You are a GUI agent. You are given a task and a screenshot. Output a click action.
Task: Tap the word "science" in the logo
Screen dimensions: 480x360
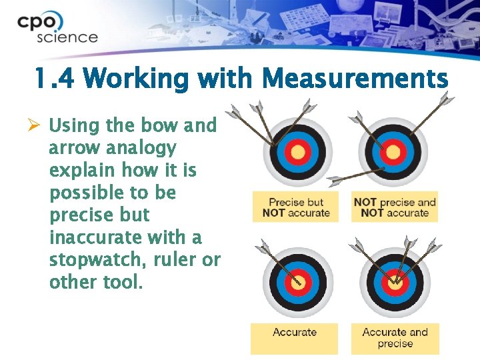[x=67, y=37]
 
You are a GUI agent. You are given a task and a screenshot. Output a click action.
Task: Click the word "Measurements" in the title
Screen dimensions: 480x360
[x=355, y=80]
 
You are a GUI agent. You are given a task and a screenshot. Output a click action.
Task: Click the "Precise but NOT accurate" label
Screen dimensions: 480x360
[x=295, y=207]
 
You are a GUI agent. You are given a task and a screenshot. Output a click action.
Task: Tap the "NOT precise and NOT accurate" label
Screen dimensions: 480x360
[x=394, y=207]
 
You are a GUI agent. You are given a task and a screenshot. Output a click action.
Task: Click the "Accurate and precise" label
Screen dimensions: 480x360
[x=395, y=338]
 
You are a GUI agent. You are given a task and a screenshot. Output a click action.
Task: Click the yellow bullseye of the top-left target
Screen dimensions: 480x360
[x=298, y=152]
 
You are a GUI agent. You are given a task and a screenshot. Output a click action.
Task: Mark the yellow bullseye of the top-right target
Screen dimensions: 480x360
[x=393, y=153]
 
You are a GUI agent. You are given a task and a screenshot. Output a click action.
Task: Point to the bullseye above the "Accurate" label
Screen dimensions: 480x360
[x=295, y=281]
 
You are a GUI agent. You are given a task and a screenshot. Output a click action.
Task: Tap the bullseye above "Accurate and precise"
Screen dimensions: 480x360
[x=395, y=281]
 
